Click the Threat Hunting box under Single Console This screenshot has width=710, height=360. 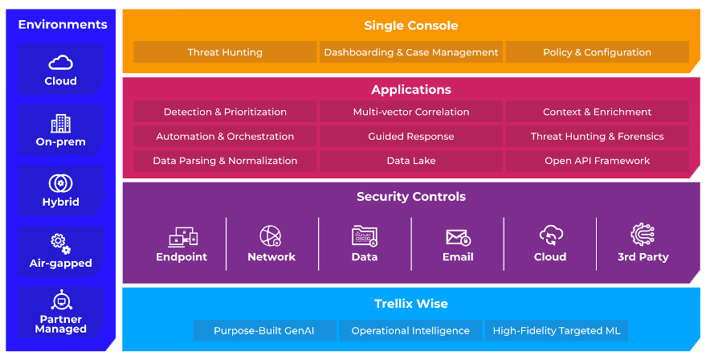(x=225, y=52)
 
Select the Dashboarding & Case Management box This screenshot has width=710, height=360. (x=411, y=52)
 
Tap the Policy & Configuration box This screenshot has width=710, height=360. (x=598, y=52)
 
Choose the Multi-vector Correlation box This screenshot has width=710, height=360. (x=411, y=112)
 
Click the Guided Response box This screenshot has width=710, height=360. (x=411, y=137)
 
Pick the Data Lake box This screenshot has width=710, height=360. (x=411, y=161)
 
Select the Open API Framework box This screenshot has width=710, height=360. (x=598, y=161)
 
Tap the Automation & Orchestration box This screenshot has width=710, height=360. (x=225, y=137)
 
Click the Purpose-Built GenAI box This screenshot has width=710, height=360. (x=264, y=330)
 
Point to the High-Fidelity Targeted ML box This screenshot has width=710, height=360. (x=557, y=330)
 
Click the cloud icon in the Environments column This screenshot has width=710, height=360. (x=61, y=63)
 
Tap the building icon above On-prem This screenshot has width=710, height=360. (x=61, y=123)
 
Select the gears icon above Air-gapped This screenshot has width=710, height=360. (x=61, y=244)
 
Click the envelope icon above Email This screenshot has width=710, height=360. (x=459, y=237)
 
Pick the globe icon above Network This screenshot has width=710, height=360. (x=271, y=236)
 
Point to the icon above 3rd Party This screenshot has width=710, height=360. (x=643, y=235)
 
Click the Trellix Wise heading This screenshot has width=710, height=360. (x=411, y=304)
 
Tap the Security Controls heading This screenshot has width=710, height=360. (x=411, y=197)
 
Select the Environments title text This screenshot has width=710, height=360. (x=63, y=24)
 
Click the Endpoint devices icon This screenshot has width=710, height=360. (x=183, y=237)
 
